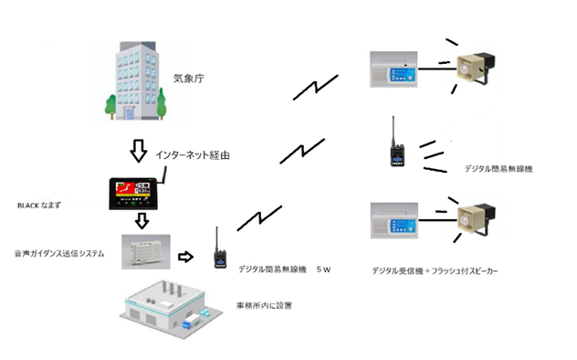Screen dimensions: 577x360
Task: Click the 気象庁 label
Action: (x=188, y=79)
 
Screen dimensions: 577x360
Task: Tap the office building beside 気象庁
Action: (x=136, y=80)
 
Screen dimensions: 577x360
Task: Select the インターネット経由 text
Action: (x=193, y=155)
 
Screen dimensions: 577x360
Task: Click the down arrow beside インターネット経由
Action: (x=139, y=151)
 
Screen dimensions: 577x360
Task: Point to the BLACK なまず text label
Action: (x=39, y=206)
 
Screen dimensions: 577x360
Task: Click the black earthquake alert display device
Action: (x=134, y=194)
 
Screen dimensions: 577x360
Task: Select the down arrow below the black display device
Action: (x=142, y=221)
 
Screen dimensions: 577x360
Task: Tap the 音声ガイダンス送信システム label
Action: (x=59, y=254)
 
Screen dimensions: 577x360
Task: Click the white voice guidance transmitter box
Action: (x=146, y=252)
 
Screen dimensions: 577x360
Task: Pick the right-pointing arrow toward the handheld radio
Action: (x=186, y=257)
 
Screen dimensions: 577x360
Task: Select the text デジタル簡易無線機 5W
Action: (x=285, y=270)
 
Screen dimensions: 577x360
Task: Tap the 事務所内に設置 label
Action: (x=264, y=305)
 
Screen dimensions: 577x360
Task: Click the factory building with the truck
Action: (x=171, y=309)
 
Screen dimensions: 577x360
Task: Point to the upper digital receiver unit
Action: (x=393, y=69)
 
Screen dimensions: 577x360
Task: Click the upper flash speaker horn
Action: (x=476, y=69)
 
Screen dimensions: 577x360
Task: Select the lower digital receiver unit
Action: (x=394, y=220)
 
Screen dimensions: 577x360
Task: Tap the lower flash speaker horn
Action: (x=477, y=219)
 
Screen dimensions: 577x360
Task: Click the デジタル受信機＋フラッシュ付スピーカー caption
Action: (x=435, y=271)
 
